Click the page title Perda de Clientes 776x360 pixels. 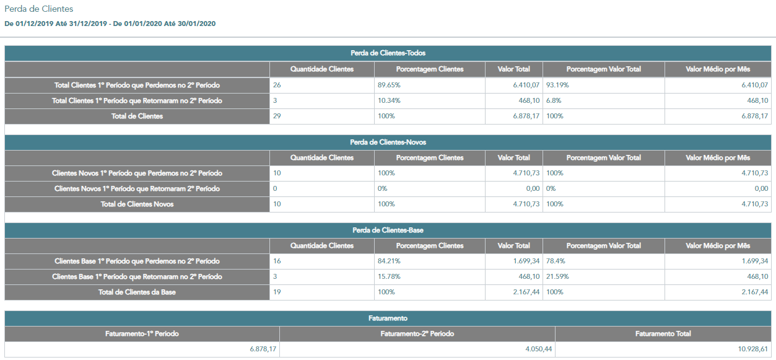tap(39, 9)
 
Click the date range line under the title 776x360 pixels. tap(110, 24)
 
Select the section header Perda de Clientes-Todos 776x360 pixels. tap(388, 53)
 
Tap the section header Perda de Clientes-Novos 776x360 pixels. tap(388, 142)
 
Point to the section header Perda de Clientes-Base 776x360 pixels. tap(388, 230)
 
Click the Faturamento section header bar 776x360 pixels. tap(388, 318)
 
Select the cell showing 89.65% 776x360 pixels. tap(430, 85)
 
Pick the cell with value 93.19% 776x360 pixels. tap(603, 85)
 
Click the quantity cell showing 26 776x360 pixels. tap(322, 85)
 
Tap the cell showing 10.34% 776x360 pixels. tap(430, 100)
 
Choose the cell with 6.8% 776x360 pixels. tap(603, 100)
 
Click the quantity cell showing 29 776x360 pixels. tap(322, 116)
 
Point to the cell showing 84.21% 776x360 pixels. tap(430, 261)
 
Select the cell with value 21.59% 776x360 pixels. tap(603, 276)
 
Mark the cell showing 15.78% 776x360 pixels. tap(430, 276)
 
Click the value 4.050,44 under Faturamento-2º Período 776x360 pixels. tap(538, 349)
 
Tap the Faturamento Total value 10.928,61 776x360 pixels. tap(753, 349)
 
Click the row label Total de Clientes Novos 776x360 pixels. tap(137, 204)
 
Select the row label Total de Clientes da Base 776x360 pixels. tap(137, 292)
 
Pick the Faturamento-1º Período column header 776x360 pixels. tap(142, 334)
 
